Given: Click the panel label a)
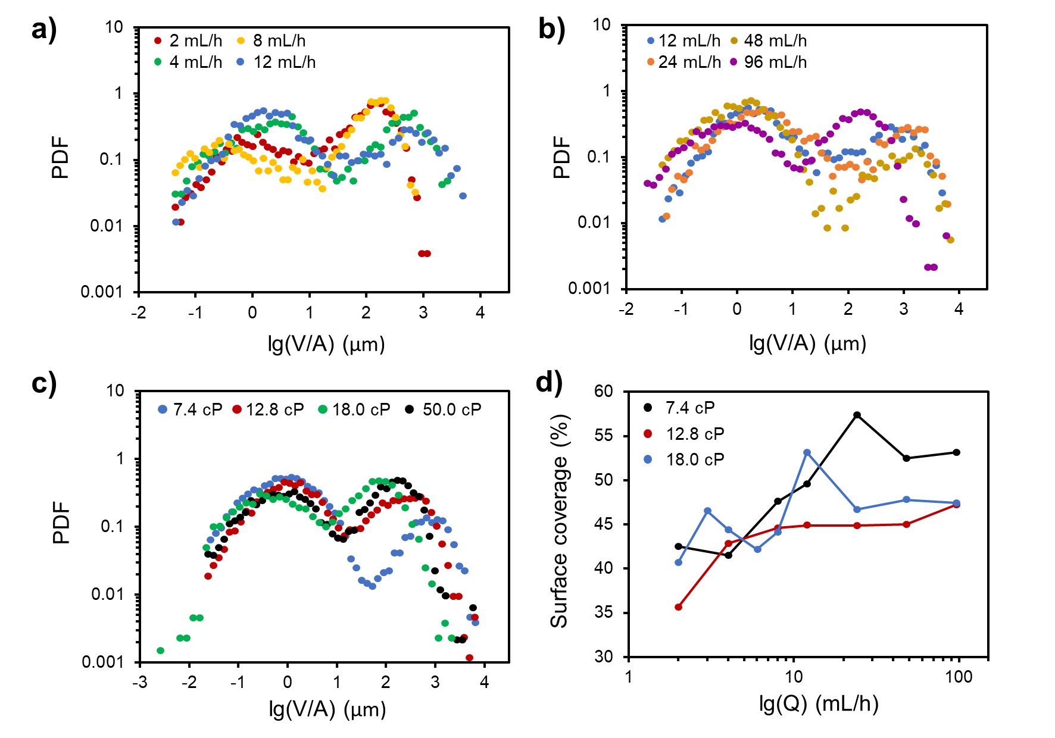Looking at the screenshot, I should click(43, 29).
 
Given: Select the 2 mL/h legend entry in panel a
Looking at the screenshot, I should click(189, 40).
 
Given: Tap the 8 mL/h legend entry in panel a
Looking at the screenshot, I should click(272, 40).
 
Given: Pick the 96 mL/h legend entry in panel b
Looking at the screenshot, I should click(769, 62).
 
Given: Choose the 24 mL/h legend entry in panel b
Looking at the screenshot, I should click(683, 62).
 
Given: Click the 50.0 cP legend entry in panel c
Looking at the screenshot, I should click(444, 409).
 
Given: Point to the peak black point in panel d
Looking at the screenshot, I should click(857, 415).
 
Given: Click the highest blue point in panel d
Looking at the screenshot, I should click(807, 452).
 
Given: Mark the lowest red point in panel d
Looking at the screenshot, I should click(678, 607).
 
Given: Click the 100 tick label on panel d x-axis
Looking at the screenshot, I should click(959, 677).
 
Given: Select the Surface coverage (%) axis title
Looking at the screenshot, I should click(559, 521).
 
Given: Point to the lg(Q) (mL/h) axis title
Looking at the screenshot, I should click(819, 703).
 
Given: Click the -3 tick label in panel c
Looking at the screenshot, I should click(139, 682).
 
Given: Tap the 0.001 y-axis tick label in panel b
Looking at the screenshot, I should click(589, 289).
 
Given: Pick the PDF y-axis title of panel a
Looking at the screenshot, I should click(61, 158).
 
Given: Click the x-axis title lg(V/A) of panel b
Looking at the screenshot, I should click(807, 343).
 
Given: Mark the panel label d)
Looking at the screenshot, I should click(548, 383).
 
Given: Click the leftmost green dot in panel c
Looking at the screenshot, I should click(160, 651).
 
